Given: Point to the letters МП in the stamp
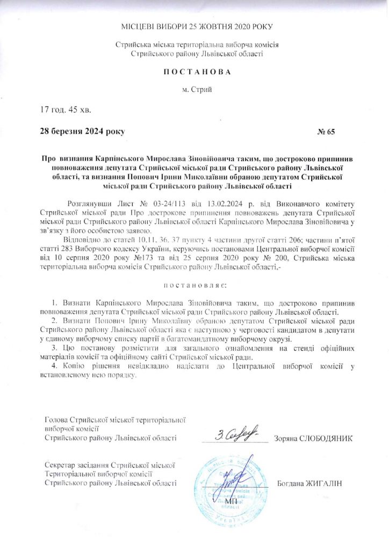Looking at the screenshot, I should [x=231, y=501].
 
